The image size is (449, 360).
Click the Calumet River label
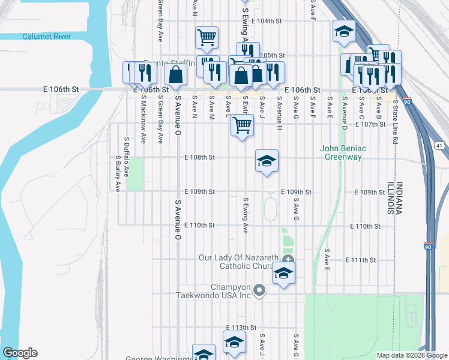(47, 37)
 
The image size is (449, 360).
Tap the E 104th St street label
(267, 21)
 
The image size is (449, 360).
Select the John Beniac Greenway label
(343, 152)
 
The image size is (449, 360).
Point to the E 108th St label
(199, 158)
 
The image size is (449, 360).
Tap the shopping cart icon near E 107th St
(241, 125)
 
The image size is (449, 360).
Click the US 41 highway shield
(439, 146)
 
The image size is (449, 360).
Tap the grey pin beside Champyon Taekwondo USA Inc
(259, 291)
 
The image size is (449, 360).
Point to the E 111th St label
(361, 260)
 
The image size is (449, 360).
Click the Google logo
(19, 353)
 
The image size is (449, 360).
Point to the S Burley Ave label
(117, 174)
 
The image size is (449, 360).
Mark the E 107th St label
(370, 124)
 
